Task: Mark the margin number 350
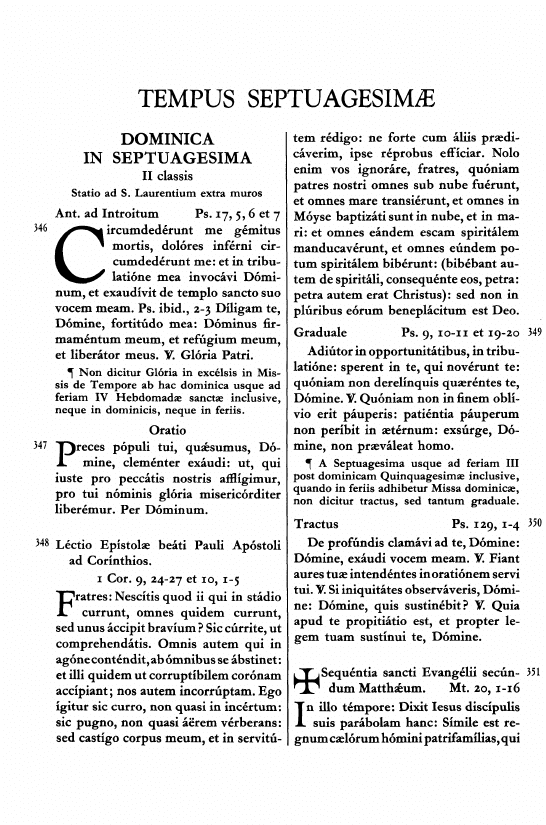coord(532,523)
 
